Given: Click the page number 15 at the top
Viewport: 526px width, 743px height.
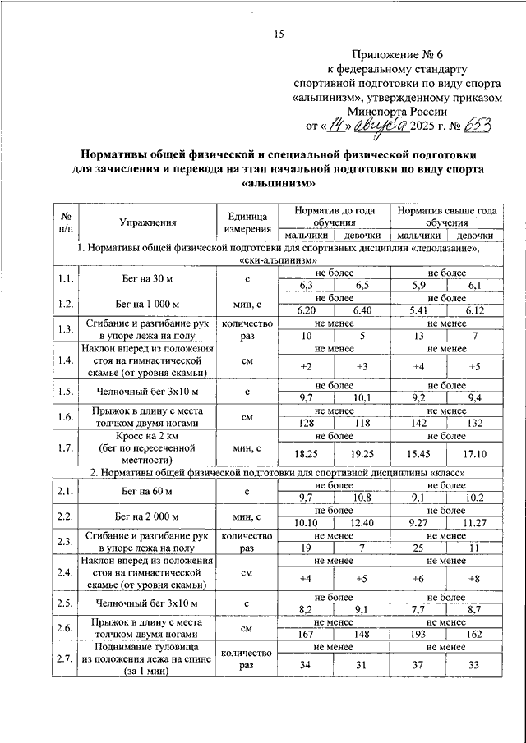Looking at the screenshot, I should [279, 34].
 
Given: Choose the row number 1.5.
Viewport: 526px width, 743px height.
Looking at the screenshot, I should [66, 390].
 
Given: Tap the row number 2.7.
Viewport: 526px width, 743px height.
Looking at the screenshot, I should [66, 658].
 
